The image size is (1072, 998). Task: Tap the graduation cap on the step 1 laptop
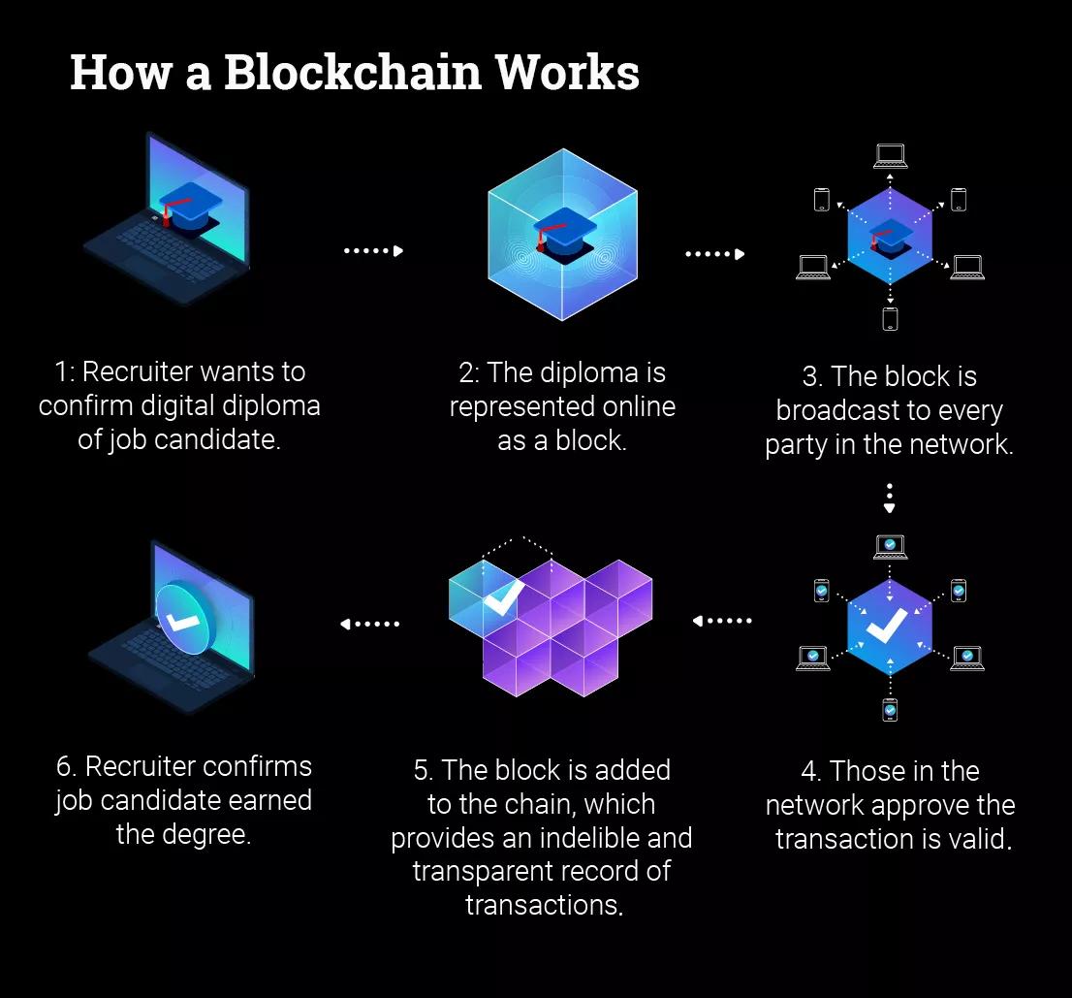pos(193,203)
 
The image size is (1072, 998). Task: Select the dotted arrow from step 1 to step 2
pos(373,251)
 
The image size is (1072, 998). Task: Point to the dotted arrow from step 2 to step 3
pos(714,254)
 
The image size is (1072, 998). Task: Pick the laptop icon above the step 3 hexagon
pos(890,155)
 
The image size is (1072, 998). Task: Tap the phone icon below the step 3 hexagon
pos(890,318)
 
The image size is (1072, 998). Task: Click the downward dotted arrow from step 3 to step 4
pos(890,498)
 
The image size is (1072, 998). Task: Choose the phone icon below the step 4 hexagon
pos(890,709)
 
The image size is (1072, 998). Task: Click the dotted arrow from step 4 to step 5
pos(723,621)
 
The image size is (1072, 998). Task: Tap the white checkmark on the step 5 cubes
pos(503,598)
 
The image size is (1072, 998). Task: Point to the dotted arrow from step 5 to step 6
pos(370,624)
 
